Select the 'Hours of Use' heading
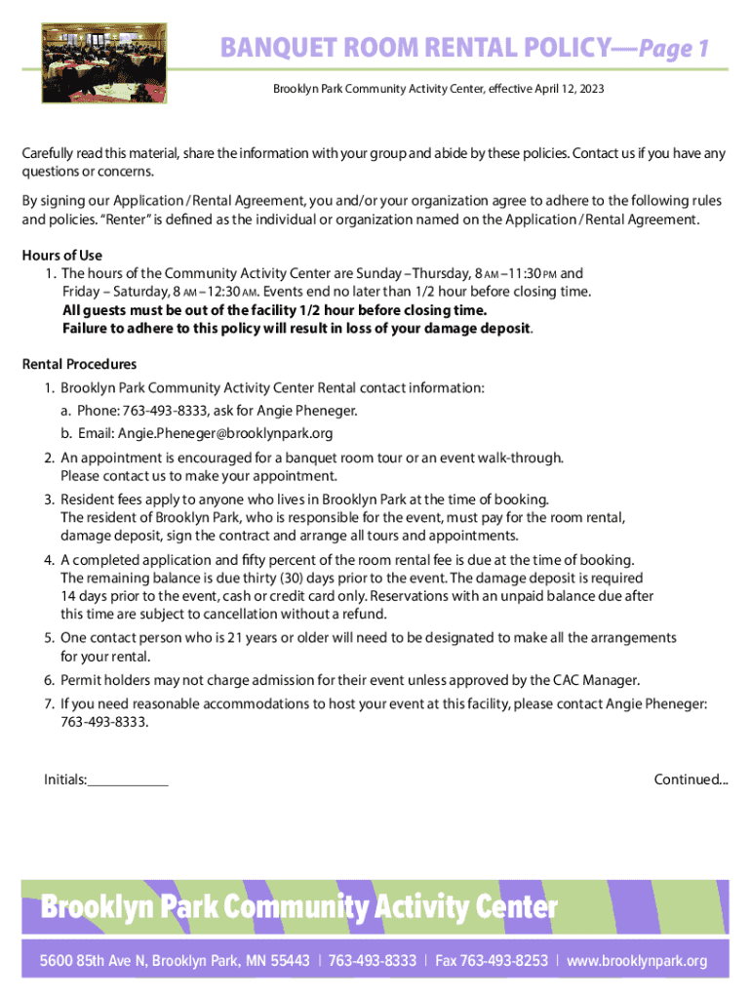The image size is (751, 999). coord(62,256)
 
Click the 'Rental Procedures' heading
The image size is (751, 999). coord(80,365)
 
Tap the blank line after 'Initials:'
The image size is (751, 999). coord(128,779)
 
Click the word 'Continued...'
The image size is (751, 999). coord(691,779)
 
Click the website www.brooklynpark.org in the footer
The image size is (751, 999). coord(637,961)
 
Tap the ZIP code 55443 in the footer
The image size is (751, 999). coord(289,961)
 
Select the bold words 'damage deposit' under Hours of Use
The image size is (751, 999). coord(482,328)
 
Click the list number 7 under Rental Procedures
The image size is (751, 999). coord(48,703)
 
